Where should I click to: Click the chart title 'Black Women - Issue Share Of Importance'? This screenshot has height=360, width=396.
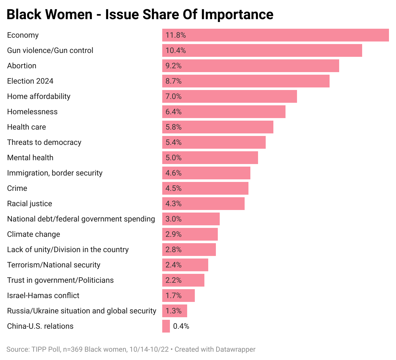140,15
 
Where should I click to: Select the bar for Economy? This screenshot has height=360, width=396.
275,35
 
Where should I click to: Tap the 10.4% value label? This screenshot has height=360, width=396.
176,50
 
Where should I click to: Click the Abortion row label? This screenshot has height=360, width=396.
22,66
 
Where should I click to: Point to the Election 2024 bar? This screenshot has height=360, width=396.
246,81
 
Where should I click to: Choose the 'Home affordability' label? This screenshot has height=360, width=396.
39,96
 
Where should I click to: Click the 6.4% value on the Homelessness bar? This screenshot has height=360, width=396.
173,112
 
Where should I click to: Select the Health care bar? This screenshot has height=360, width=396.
217,127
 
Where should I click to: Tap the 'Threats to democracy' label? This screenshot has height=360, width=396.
44,142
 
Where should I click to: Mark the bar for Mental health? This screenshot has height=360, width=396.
210,158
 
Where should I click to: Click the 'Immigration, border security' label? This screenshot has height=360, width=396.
55,173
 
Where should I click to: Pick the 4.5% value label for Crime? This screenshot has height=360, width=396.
173,188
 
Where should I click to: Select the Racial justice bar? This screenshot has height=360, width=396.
203,204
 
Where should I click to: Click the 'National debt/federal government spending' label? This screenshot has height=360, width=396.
81,219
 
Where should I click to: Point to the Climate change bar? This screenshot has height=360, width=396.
190,234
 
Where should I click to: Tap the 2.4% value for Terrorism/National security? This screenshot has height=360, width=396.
173,265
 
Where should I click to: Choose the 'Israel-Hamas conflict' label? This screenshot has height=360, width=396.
43,296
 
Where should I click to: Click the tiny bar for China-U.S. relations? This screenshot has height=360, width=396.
166,326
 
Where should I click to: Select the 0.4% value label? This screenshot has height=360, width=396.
181,326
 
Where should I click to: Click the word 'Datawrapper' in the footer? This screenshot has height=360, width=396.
235,349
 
